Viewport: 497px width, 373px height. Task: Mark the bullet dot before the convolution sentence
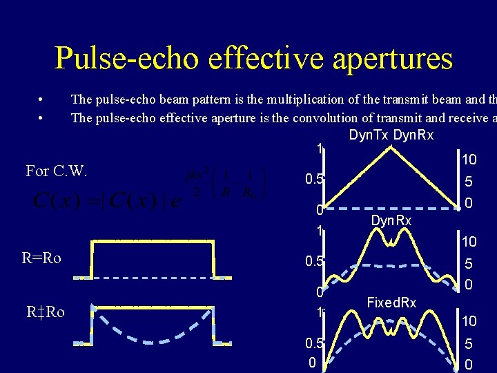coord(42,118)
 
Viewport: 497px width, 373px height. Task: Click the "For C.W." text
coord(57,171)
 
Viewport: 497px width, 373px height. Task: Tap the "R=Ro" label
coord(41,258)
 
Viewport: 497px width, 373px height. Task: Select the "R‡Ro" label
coord(46,312)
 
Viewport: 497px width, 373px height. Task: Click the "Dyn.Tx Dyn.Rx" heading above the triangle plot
coord(391,135)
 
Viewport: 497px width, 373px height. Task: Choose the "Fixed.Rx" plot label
coord(391,303)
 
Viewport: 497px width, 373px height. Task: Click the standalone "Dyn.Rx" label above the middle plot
coord(391,220)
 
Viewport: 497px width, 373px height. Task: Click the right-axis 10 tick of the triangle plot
coord(469,160)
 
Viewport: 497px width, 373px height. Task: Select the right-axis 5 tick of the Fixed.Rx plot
coord(469,344)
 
